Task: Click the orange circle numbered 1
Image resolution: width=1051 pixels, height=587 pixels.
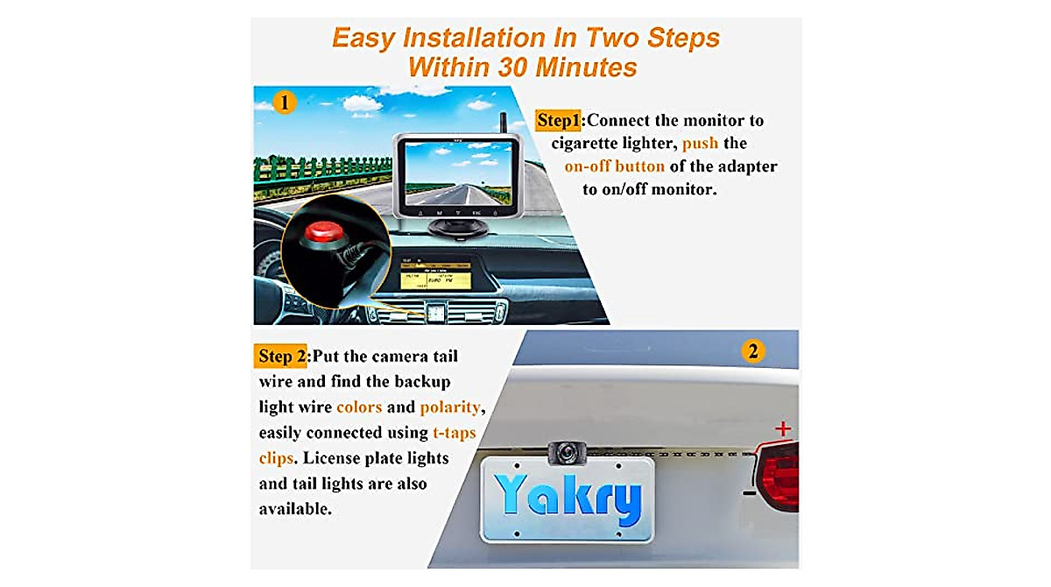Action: click(x=282, y=103)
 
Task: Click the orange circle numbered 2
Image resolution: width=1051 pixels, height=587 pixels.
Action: click(x=752, y=352)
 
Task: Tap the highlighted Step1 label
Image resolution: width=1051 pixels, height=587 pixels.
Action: click(x=558, y=120)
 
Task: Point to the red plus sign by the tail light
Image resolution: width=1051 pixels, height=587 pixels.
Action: click(x=783, y=428)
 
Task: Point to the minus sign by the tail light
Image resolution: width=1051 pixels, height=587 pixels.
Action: click(x=749, y=492)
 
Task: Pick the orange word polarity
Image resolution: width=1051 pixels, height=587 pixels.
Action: click(x=450, y=407)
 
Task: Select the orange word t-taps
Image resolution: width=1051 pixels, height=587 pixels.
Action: click(x=455, y=433)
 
